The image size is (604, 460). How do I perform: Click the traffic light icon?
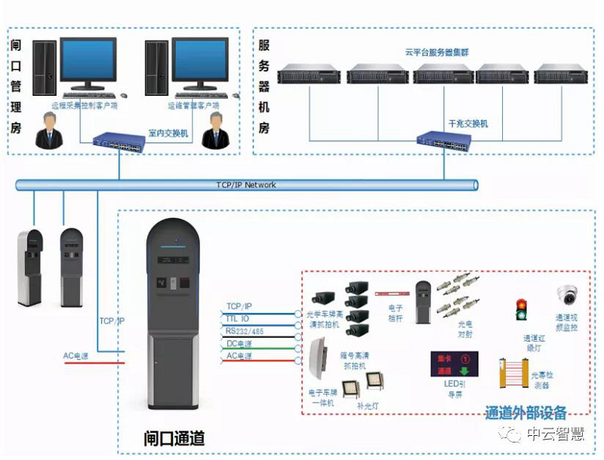pos(521,310)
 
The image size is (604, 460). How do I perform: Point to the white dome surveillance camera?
pos(566,295)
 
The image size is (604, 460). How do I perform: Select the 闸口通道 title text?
pos(174,437)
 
